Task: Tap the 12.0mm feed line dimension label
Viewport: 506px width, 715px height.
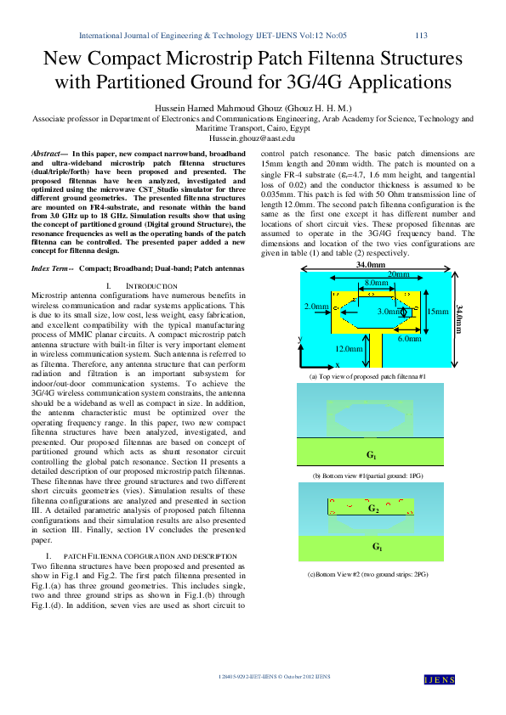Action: click(x=348, y=349)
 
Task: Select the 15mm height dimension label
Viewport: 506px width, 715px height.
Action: click(x=438, y=312)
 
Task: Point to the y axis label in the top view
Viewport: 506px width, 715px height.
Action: click(x=299, y=338)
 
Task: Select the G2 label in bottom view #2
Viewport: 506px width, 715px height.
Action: click(x=372, y=509)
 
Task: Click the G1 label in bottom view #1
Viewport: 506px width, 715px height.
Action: click(x=372, y=455)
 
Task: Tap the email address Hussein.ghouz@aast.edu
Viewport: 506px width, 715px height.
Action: click(x=253, y=137)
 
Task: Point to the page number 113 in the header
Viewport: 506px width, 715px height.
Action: click(x=420, y=36)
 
